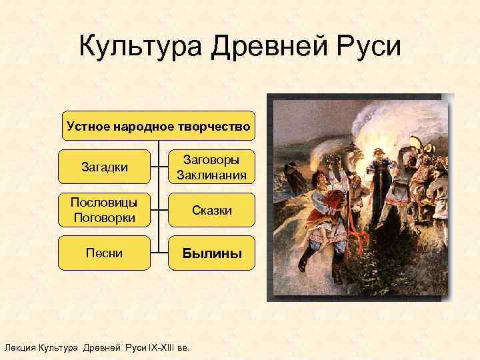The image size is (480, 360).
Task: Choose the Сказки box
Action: [x=212, y=211]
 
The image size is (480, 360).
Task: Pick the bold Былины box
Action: [x=212, y=254]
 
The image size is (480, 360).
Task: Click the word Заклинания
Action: [x=212, y=175]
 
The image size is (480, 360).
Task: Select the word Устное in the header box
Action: [x=89, y=126]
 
